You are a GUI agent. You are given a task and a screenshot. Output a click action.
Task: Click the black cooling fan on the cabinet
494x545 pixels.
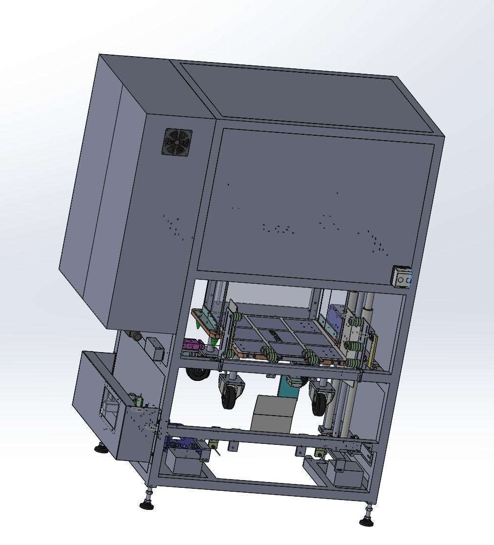(178, 142)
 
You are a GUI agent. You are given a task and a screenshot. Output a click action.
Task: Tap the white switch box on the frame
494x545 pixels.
(402, 276)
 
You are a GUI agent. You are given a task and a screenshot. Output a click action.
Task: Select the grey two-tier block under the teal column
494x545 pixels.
(272, 414)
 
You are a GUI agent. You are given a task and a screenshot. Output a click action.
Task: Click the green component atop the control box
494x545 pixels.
(139, 400)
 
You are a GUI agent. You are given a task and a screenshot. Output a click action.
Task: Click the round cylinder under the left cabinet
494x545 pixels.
(135, 335)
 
